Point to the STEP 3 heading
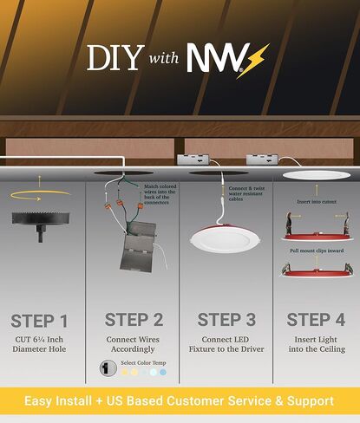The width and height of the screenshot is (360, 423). (x=226, y=320)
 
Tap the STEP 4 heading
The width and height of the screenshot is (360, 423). (x=315, y=320)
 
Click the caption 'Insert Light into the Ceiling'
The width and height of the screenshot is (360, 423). (x=315, y=343)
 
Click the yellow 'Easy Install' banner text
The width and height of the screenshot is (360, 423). (x=180, y=400)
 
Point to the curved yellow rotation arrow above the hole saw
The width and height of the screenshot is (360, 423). (x=39, y=192)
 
